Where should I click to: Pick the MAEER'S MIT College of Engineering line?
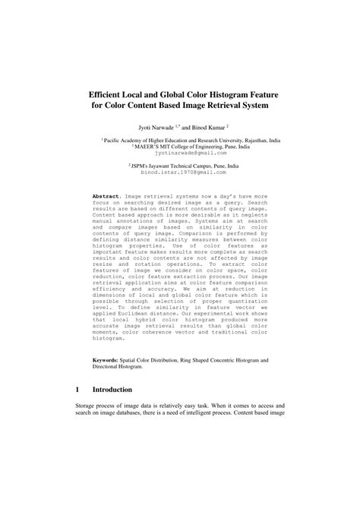[179, 147]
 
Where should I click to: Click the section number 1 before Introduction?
[77, 409]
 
